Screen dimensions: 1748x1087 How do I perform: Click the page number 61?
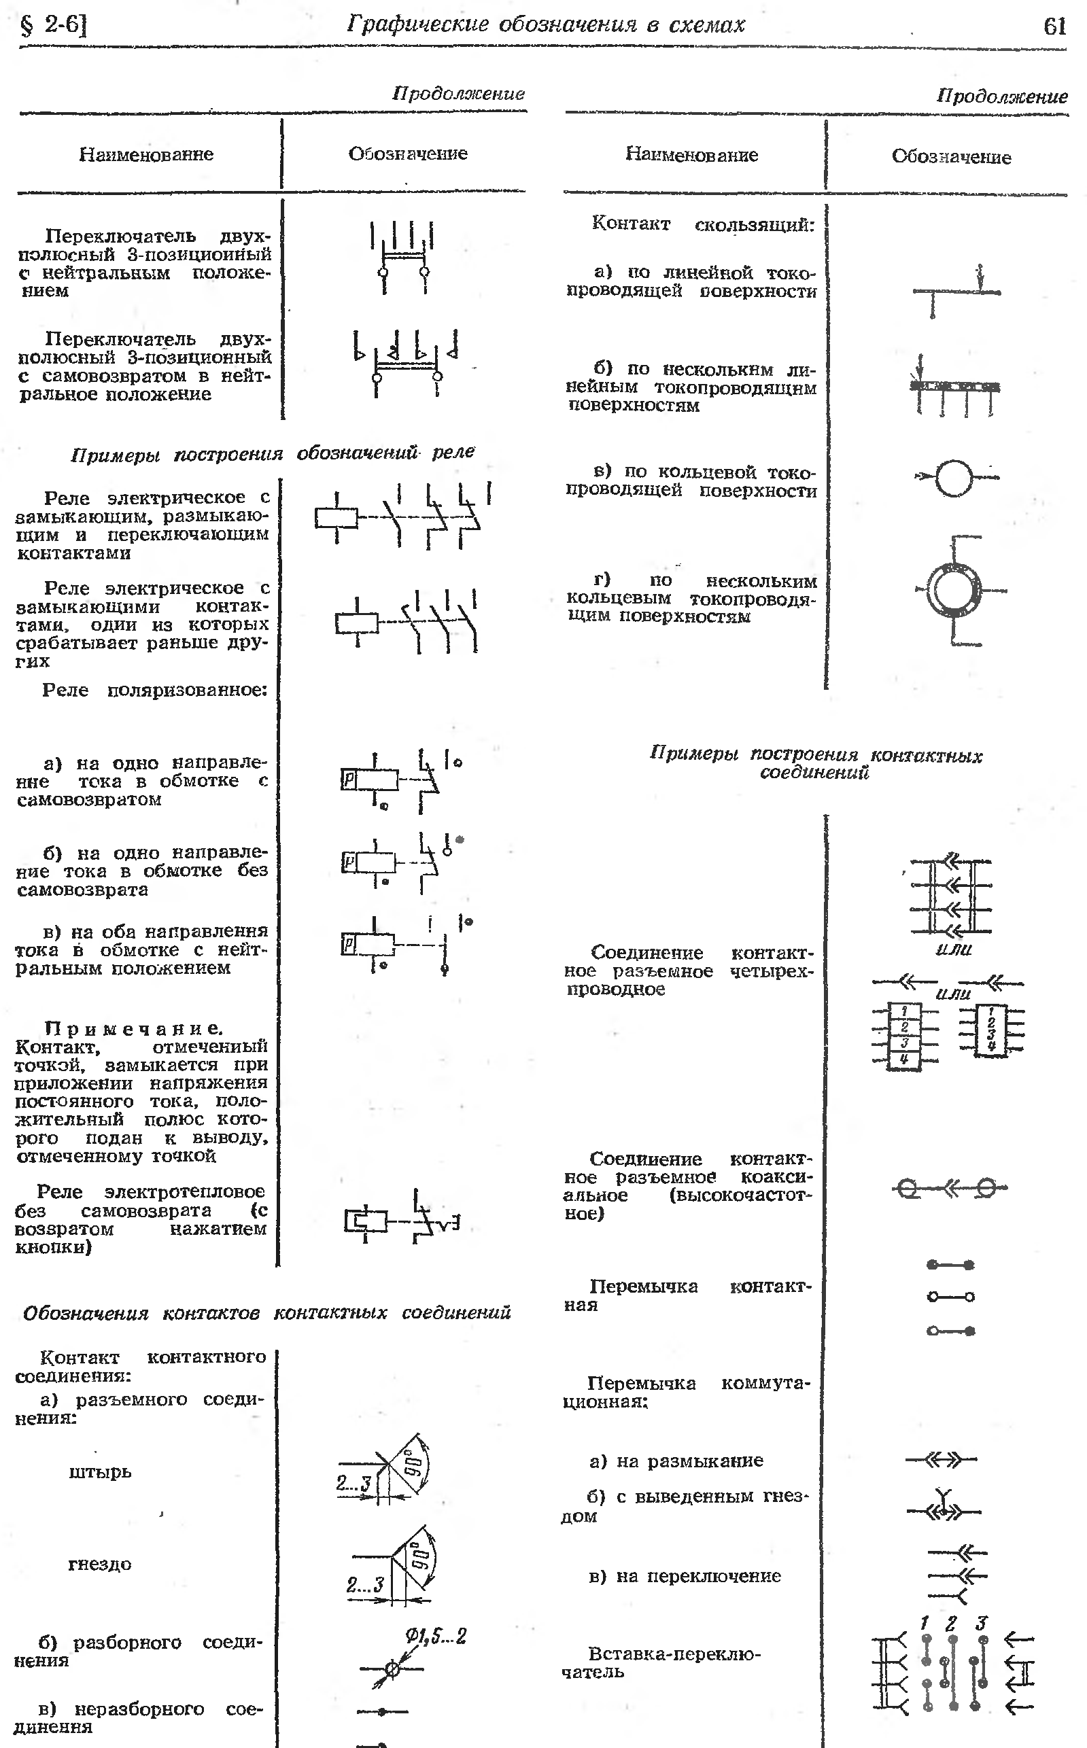point(1054,27)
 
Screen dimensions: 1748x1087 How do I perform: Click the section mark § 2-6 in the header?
point(54,26)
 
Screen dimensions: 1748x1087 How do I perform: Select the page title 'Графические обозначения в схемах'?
point(546,25)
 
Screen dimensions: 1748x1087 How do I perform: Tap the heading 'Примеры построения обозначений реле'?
point(273,453)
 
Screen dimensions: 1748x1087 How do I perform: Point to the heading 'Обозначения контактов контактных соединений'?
point(266,1313)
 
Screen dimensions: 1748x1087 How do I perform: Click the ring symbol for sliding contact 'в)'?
point(954,476)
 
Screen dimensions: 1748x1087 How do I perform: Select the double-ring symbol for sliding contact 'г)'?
point(954,590)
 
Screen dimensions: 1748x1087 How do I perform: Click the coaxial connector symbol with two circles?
point(949,1189)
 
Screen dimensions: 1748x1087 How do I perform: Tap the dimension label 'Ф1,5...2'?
point(436,1637)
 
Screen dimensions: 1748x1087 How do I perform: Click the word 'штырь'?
point(100,1472)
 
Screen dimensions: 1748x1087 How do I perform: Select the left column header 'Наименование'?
point(146,154)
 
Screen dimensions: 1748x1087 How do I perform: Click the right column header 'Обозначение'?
point(951,157)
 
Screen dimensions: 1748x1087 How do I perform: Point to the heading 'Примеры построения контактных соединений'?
point(815,763)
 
